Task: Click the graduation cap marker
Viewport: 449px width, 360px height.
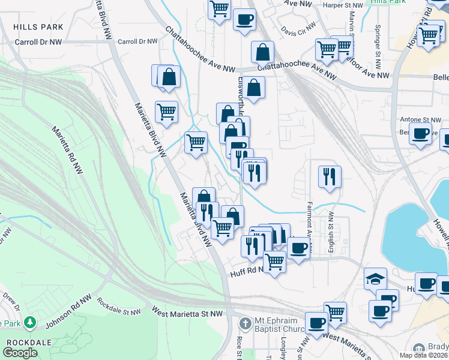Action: point(375,279)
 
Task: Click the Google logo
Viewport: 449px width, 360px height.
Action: point(20,353)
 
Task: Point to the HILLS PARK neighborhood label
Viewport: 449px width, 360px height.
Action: point(38,28)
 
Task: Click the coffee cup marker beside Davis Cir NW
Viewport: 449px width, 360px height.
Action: point(244,20)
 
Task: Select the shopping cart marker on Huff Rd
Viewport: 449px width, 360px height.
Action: point(274,261)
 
